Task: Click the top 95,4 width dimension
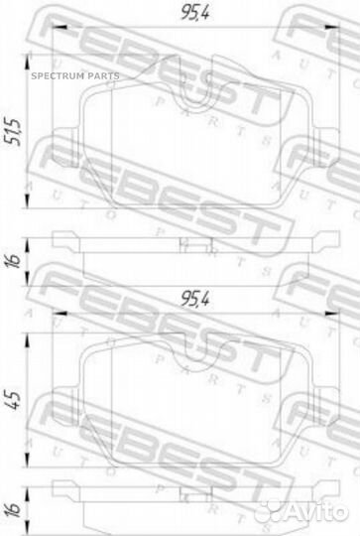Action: [x=195, y=13]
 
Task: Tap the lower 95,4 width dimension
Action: [x=195, y=299]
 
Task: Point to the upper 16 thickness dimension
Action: [x=13, y=260]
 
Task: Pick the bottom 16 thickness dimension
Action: [x=13, y=510]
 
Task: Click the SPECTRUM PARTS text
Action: [x=75, y=75]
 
